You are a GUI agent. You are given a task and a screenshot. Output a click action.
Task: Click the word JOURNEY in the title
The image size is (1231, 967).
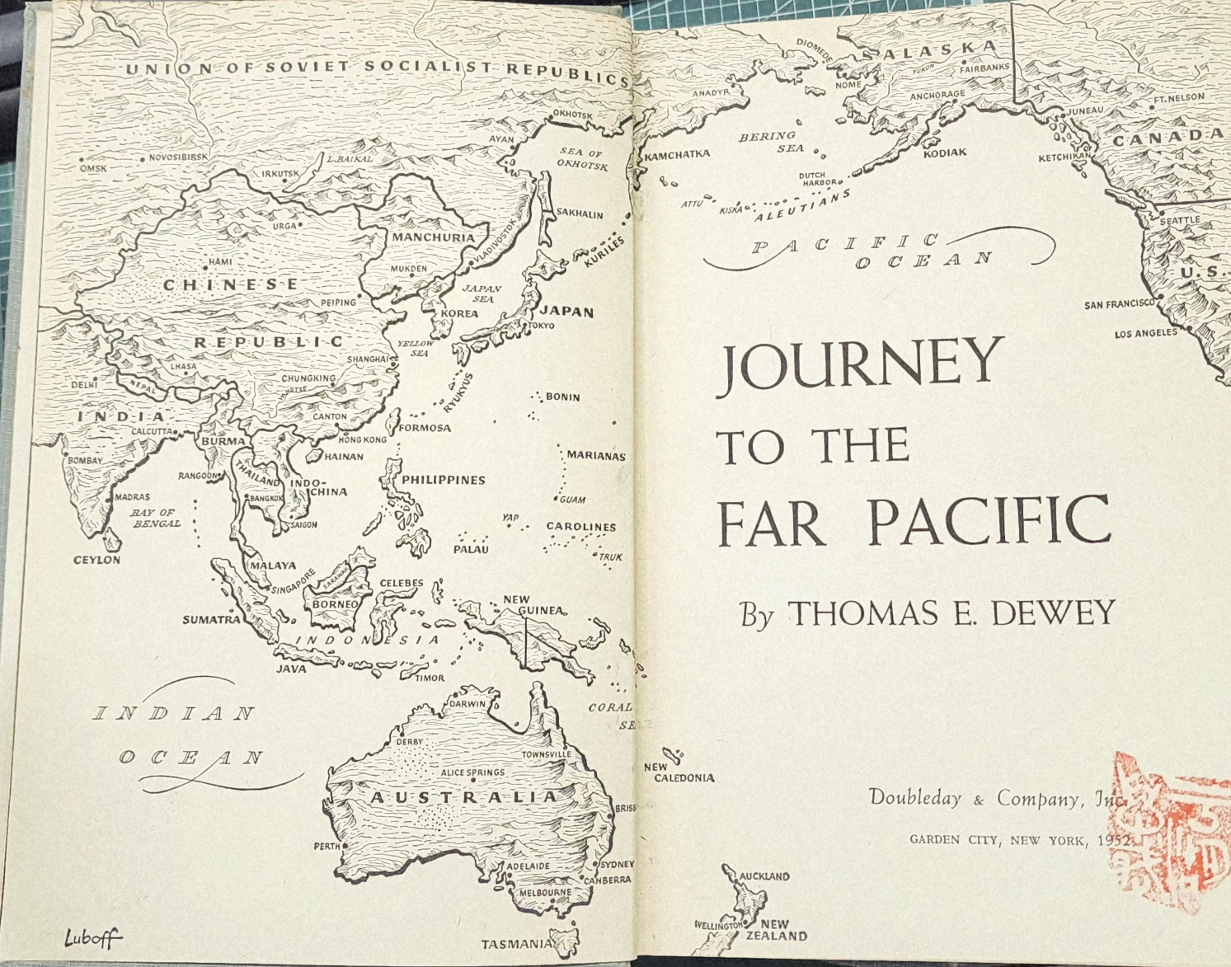[x=858, y=365]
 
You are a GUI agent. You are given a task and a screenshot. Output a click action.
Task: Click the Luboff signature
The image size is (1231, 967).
[x=92, y=937]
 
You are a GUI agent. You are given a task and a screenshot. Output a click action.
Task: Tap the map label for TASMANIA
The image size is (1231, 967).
[x=517, y=944]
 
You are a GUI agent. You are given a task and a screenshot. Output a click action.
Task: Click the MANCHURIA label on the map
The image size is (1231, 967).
[x=434, y=237]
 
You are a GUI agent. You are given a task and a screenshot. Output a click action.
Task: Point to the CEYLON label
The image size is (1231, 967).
[x=96, y=560]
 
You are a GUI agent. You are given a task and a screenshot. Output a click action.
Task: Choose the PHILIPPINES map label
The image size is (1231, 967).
[x=444, y=480]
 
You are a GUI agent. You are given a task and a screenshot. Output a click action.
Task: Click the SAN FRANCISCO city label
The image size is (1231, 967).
[x=1119, y=304]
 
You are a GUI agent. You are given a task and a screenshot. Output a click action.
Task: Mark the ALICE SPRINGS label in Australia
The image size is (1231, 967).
[x=472, y=772]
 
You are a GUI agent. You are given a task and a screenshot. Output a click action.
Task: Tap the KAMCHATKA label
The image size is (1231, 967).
[x=677, y=154]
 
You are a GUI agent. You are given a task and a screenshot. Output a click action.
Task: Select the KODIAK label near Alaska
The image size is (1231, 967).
[x=945, y=153]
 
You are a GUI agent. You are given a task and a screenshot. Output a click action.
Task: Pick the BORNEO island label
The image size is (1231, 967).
[x=335, y=603]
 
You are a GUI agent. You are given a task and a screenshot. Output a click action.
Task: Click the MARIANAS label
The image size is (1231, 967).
[x=595, y=455]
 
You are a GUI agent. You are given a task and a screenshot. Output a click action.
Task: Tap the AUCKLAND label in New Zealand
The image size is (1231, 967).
[x=764, y=876]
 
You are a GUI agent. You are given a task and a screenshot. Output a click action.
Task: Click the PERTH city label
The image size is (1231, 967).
[x=327, y=846]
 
